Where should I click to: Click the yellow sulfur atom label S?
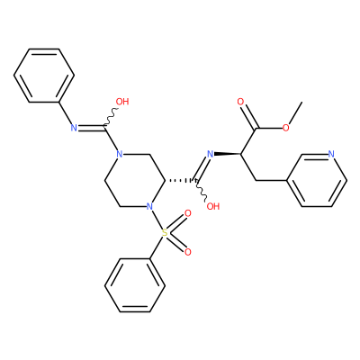(165, 232)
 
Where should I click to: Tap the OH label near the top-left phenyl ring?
(122, 102)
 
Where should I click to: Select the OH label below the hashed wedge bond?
(213, 206)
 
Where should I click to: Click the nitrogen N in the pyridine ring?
(331, 154)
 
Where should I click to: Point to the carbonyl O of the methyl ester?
(240, 102)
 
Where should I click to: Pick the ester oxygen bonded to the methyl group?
(286, 128)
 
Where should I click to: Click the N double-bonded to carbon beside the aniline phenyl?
(74, 128)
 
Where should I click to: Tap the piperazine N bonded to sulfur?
(149, 206)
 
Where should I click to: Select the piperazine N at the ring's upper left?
(120, 155)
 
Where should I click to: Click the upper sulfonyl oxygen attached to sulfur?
(188, 213)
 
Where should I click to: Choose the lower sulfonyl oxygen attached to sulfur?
(188, 252)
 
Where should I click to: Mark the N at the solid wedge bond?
(211, 154)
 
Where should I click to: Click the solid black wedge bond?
(228, 154)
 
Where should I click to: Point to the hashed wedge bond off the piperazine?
(181, 181)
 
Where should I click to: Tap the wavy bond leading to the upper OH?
(112, 117)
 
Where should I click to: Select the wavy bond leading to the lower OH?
(202, 190)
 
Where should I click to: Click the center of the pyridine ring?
(317, 181)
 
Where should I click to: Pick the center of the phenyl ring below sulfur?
(135, 285)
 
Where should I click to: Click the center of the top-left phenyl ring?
(44, 76)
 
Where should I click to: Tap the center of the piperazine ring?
(135, 181)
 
